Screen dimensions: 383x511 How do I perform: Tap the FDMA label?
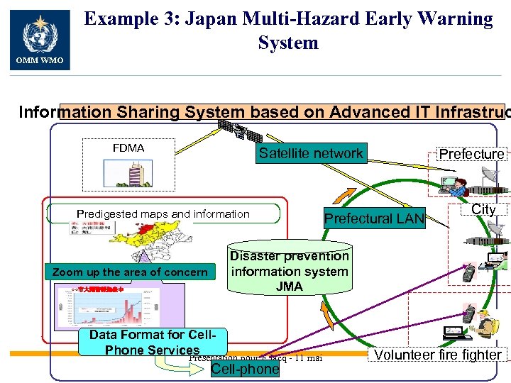pyautogui.click(x=128, y=148)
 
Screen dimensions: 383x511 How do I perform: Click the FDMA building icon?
pyautogui.click(x=128, y=172)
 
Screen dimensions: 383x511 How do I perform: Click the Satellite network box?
pyautogui.click(x=311, y=153)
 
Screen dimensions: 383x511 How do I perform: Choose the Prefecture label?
pyautogui.click(x=471, y=154)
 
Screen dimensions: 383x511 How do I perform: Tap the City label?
pyautogui.click(x=483, y=209)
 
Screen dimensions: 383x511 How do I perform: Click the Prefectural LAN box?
pyautogui.click(x=373, y=219)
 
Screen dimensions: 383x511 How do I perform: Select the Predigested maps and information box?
pyautogui.click(x=163, y=213)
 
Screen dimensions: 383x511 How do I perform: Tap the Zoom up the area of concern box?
pyautogui.click(x=130, y=272)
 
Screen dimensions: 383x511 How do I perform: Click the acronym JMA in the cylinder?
pyautogui.click(x=290, y=287)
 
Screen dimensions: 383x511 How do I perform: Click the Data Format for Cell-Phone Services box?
pyautogui.click(x=152, y=342)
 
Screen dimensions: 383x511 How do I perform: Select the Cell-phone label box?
pyautogui.click(x=236, y=368)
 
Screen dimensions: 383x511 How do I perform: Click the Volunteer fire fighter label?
pyautogui.click(x=438, y=355)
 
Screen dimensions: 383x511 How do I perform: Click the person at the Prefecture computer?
pyautogui.click(x=457, y=186)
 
